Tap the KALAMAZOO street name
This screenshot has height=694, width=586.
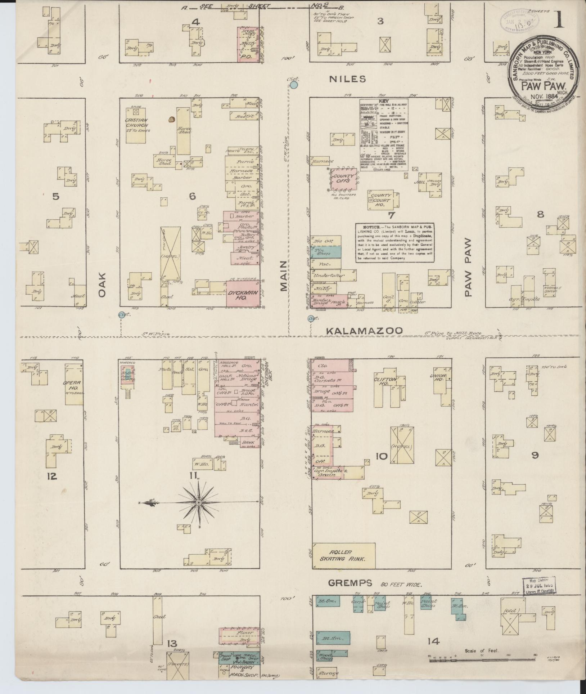pos(364,331)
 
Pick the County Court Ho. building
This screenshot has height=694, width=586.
pos(383,198)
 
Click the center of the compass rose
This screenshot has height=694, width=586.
pos(198,502)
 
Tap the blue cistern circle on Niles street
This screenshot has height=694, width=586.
pos(294,85)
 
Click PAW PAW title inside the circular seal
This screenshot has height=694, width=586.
pos(544,86)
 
